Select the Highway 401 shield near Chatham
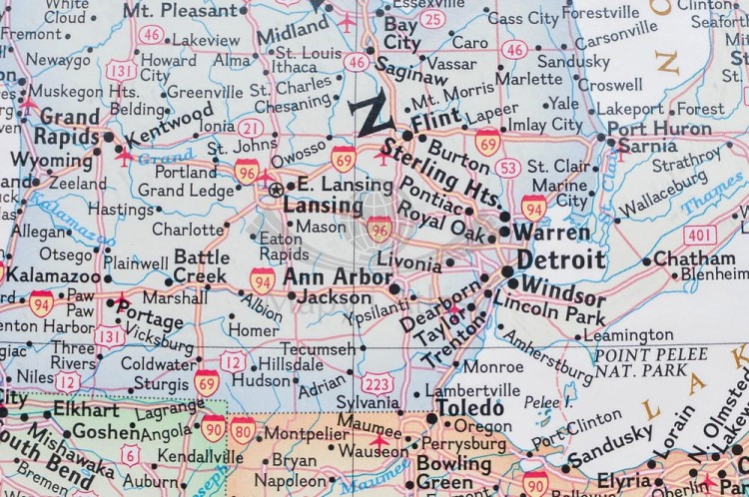click(700, 236)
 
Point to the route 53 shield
click(508, 168)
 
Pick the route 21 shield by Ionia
click(252, 129)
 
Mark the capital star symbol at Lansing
click(277, 189)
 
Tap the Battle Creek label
click(201, 265)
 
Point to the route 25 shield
click(431, 19)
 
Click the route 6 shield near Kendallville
click(130, 454)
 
